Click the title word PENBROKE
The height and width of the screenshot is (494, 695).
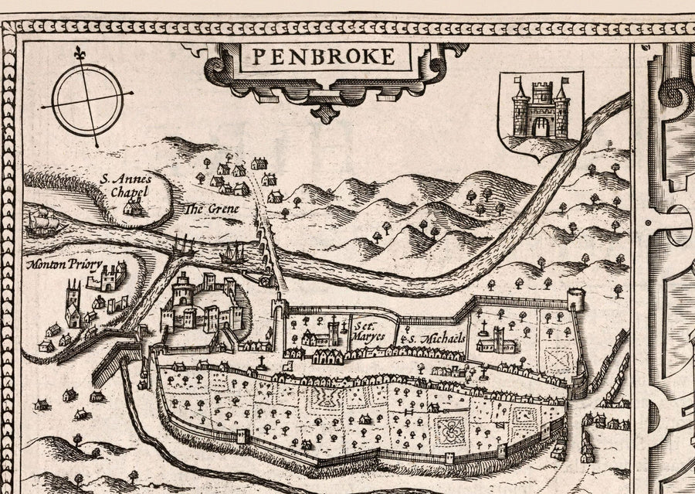tap(322, 56)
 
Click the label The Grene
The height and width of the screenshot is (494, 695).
tap(209, 210)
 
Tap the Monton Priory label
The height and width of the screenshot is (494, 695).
tap(63, 265)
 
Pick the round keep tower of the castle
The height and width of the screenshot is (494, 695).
tap(184, 292)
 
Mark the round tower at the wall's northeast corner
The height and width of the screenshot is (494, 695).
tap(576, 298)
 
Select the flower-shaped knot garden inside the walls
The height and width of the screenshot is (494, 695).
tap(446, 430)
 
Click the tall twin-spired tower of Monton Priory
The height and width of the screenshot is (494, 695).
tap(73, 298)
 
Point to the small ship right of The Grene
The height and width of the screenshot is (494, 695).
tap(231, 253)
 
